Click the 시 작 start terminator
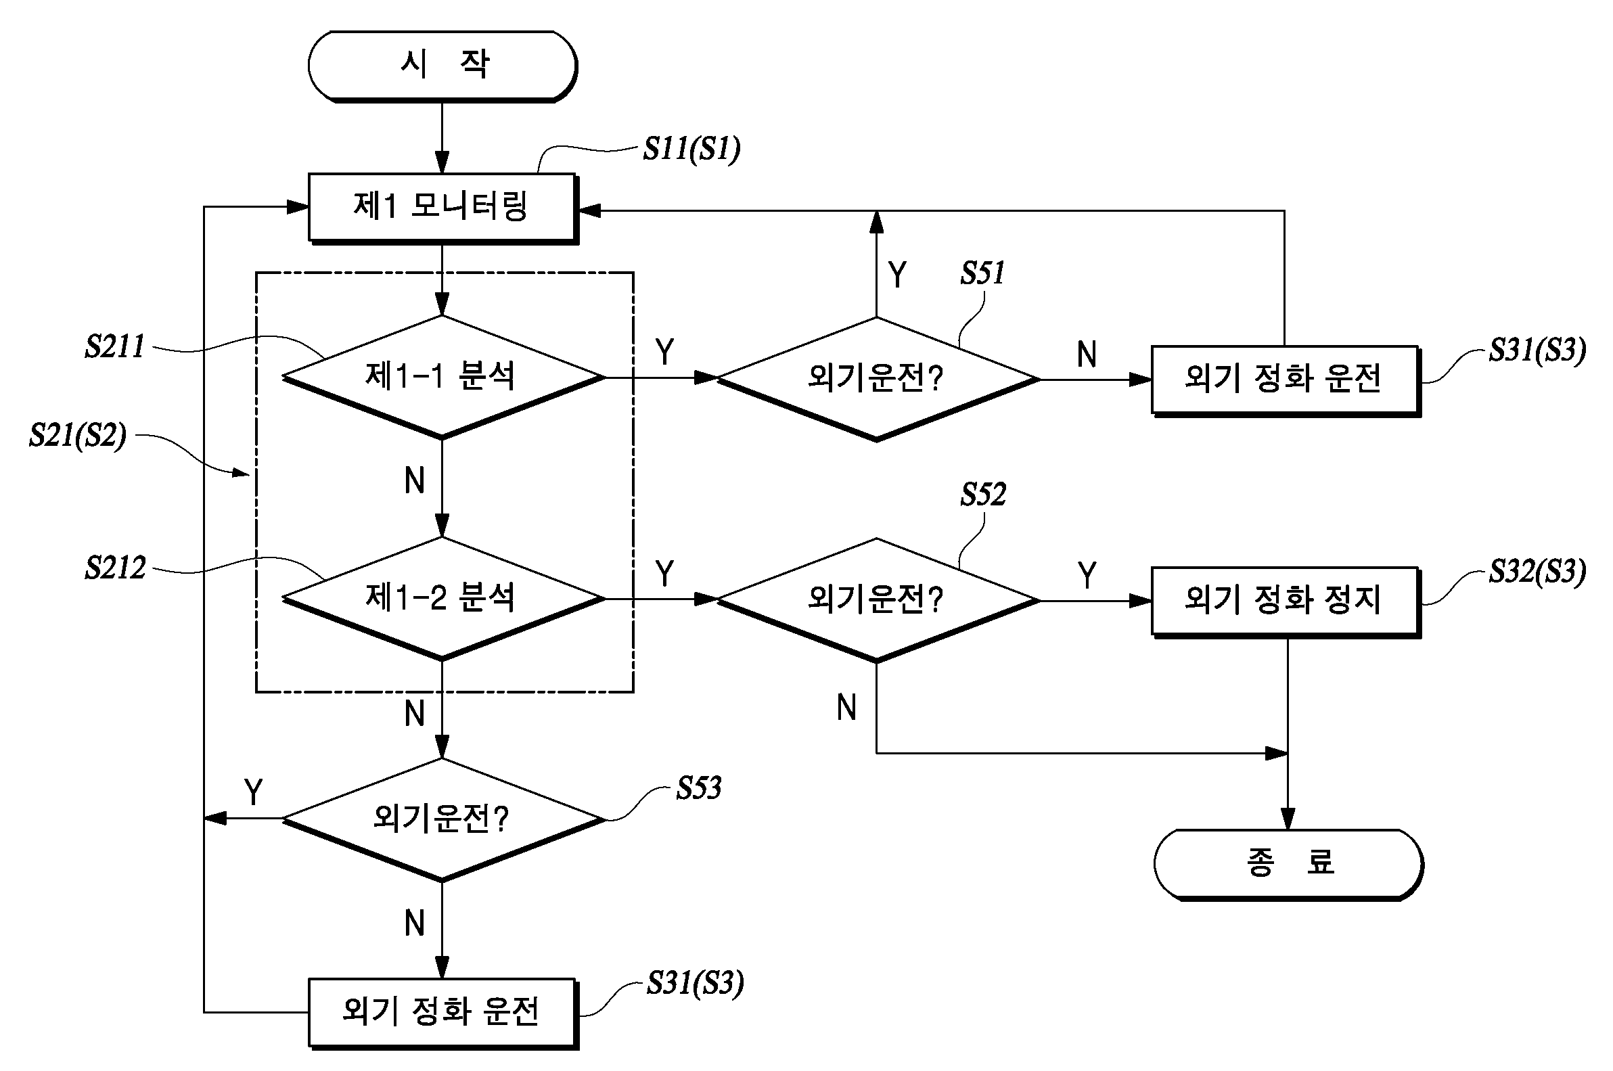pyautogui.click(x=442, y=66)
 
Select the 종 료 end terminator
pyautogui.click(x=1288, y=865)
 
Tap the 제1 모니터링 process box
pyautogui.click(x=443, y=208)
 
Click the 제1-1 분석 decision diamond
pyautogui.click(x=443, y=377)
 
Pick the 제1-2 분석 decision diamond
pyautogui.click(x=443, y=599)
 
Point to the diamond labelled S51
pyautogui.click(x=878, y=379)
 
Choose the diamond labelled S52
pyautogui.click(x=878, y=600)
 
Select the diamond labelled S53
pyautogui.click(x=443, y=819)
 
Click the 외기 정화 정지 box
pyautogui.click(x=1287, y=602)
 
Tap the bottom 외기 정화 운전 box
pyautogui.click(x=443, y=1013)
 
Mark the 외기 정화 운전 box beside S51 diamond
pyautogui.click(x=1287, y=381)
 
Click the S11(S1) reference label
pyautogui.click(x=691, y=149)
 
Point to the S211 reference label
pyautogui.click(x=115, y=346)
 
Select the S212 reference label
pyautogui.click(x=115, y=568)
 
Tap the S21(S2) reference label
pyautogui.click(x=77, y=435)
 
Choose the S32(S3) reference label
pyautogui.click(x=1538, y=571)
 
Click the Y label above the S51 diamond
pyautogui.click(x=897, y=275)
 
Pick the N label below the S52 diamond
pyautogui.click(x=847, y=708)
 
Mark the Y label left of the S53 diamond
pyautogui.click(x=253, y=792)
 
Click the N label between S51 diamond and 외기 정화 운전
pyautogui.click(x=1087, y=355)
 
